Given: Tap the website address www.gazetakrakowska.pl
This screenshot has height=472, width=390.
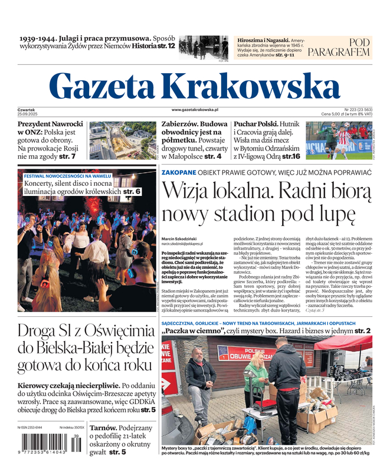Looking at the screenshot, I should (x=195, y=110).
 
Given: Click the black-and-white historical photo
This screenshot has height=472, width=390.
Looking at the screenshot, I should (x=203, y=48).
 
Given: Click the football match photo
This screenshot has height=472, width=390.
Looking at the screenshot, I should (x=339, y=141).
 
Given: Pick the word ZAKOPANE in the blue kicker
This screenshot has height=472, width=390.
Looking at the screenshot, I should (x=179, y=172).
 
